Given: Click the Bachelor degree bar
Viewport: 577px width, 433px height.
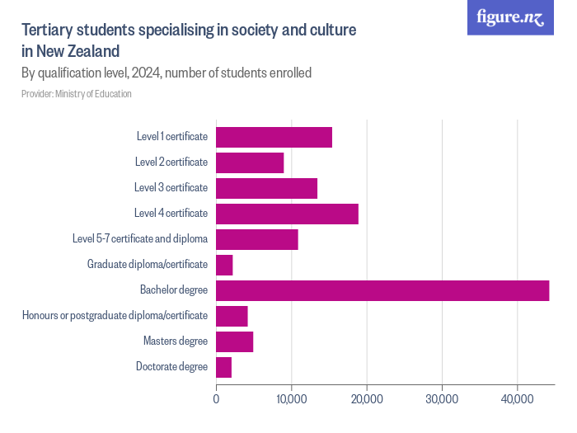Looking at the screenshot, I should pyautogui.click(x=382, y=290).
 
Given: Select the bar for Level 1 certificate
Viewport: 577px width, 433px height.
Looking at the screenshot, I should pyautogui.click(x=274, y=138).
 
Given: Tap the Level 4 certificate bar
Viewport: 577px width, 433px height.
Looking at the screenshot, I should pyautogui.click(x=287, y=214).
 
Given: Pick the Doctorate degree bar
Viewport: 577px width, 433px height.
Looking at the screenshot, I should pyautogui.click(x=223, y=367).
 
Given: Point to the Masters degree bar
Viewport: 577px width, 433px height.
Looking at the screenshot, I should pyautogui.click(x=234, y=341).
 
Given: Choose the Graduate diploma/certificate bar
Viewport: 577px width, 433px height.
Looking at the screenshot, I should pyautogui.click(x=224, y=265).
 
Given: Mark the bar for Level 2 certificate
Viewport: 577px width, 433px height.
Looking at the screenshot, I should pyautogui.click(x=250, y=163).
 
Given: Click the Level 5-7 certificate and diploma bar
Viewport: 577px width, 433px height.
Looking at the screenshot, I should pyautogui.click(x=256, y=240).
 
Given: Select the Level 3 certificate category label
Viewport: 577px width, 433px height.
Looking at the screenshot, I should pyautogui.click(x=171, y=188).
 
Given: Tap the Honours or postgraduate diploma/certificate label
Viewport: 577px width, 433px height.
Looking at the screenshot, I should pyautogui.click(x=115, y=316).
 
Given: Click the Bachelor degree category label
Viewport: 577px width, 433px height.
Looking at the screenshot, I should pyautogui.click(x=174, y=290).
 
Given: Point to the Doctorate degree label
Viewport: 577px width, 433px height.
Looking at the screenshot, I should pyautogui.click(x=171, y=367).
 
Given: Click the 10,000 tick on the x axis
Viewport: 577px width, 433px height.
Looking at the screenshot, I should pyautogui.click(x=291, y=399).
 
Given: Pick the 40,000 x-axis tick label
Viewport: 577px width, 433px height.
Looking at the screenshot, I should pyautogui.click(x=517, y=399).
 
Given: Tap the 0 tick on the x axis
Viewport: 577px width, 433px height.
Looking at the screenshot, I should pyautogui.click(x=216, y=399).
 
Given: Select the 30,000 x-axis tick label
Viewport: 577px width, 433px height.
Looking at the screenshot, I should pyautogui.click(x=442, y=399).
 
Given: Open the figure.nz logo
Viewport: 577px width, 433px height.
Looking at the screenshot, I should pyautogui.click(x=510, y=17).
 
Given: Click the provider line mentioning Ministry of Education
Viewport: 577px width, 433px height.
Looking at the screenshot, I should pyautogui.click(x=77, y=94).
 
